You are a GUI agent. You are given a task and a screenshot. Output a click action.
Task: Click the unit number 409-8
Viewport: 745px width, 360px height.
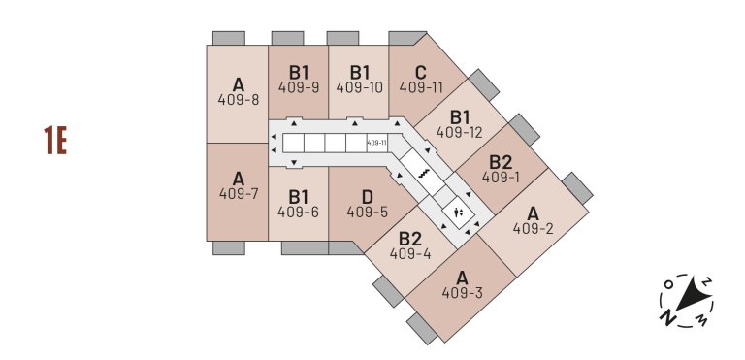click(x=239, y=99)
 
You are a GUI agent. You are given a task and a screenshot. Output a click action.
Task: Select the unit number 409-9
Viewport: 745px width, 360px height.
click(x=299, y=86)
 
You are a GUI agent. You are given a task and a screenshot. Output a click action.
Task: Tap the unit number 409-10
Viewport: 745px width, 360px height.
click(x=360, y=86)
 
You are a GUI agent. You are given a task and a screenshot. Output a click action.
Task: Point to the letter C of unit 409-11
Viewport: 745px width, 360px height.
click(x=420, y=71)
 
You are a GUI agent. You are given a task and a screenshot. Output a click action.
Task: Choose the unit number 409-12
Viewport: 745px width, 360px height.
click(x=460, y=132)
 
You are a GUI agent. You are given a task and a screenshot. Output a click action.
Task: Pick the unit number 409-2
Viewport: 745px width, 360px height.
click(x=533, y=229)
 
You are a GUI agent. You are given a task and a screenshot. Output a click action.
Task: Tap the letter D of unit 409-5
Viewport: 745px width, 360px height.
click(x=367, y=196)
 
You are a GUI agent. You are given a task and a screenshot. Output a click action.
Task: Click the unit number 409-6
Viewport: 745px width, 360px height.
click(x=298, y=212)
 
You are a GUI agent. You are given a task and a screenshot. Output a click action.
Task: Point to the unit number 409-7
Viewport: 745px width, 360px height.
click(x=239, y=193)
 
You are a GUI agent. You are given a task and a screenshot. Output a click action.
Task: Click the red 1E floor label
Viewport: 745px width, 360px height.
click(x=54, y=141)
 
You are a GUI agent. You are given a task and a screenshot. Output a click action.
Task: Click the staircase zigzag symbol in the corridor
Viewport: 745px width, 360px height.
click(x=424, y=172)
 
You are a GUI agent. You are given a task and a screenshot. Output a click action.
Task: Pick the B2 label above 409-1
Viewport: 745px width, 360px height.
click(x=501, y=162)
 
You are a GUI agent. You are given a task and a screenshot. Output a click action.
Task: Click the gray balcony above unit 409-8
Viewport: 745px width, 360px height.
click(x=229, y=38)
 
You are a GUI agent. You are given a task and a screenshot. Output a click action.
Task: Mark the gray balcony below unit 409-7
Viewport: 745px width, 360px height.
click(x=229, y=248)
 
